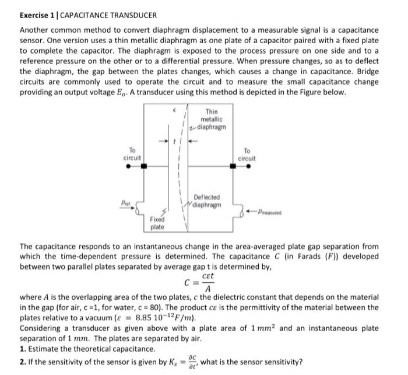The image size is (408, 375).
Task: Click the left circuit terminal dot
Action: (x=128, y=166)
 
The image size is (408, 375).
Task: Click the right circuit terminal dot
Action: (x=251, y=166)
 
